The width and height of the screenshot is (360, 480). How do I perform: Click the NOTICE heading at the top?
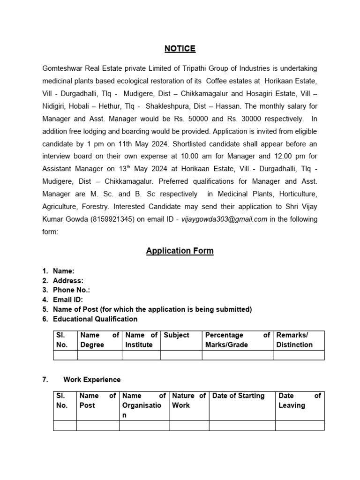click(x=180, y=49)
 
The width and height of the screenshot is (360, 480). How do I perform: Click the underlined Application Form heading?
click(x=180, y=251)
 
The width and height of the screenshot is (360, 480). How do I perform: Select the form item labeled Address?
click(x=68, y=281)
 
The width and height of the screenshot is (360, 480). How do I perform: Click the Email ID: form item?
click(x=68, y=300)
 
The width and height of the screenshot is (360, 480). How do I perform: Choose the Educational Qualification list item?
click(x=95, y=319)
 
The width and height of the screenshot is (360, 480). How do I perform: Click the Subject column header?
click(x=177, y=335)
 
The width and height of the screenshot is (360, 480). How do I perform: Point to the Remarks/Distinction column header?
click(x=294, y=340)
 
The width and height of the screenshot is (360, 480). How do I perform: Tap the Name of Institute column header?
click(x=141, y=340)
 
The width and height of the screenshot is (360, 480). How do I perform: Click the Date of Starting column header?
click(x=239, y=396)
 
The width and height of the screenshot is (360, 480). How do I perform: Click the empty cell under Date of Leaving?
click(x=300, y=426)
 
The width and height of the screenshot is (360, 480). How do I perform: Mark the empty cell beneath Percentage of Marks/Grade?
click(x=237, y=355)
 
